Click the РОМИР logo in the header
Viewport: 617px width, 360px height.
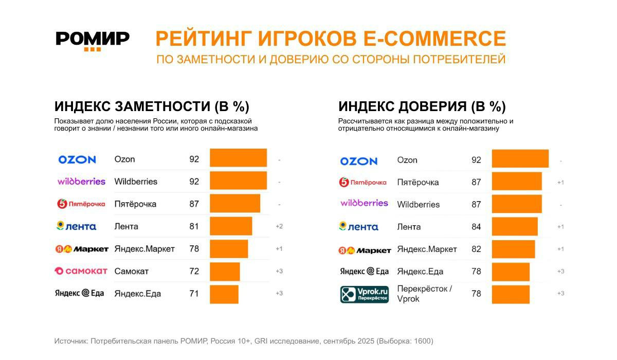click(x=93, y=40)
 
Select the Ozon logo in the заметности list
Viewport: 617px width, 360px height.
click(x=77, y=159)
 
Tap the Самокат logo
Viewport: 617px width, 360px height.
click(x=81, y=271)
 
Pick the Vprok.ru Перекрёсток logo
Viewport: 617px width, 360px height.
click(x=365, y=294)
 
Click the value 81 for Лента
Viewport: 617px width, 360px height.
click(x=194, y=226)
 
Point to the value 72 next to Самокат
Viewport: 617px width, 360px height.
click(x=194, y=271)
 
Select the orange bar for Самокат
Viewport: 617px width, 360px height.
click(x=225, y=271)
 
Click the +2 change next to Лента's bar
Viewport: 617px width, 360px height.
click(x=279, y=226)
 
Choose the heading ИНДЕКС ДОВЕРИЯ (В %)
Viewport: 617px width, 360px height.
click(x=422, y=107)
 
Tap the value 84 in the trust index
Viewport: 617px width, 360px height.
click(x=476, y=227)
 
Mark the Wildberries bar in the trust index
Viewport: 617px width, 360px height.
click(x=516, y=204)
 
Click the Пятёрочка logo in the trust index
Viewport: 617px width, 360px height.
click(x=362, y=182)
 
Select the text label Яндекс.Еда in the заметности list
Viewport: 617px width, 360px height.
click(x=137, y=294)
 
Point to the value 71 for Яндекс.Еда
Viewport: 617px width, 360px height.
click(x=194, y=294)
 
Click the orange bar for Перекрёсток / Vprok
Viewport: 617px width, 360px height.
click(x=510, y=294)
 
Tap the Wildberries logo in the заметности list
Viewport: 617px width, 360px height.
click(x=81, y=182)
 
